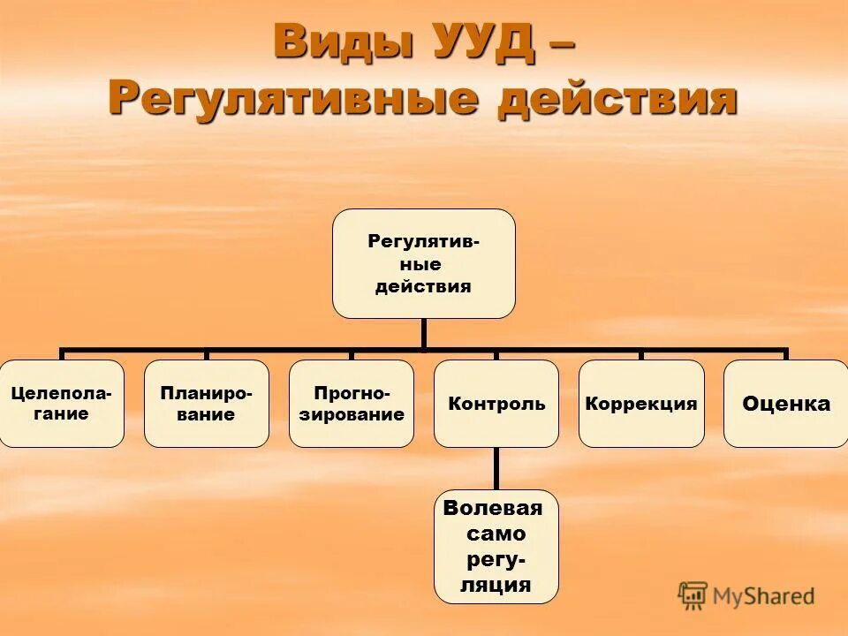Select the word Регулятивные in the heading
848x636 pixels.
click(x=292, y=96)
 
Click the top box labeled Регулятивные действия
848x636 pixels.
click(x=423, y=263)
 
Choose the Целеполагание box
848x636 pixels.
click(x=62, y=404)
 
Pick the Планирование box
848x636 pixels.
click(x=206, y=404)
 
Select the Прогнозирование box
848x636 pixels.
click(x=351, y=404)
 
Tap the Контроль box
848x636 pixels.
click(x=496, y=404)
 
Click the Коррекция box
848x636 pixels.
click(x=640, y=404)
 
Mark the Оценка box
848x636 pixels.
click(x=785, y=404)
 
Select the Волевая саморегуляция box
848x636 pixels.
click(x=496, y=546)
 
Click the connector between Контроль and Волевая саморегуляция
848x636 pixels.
click(x=496, y=468)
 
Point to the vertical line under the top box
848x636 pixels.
click(x=424, y=333)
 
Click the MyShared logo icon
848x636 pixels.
click(x=693, y=595)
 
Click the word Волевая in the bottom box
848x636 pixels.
click(x=493, y=508)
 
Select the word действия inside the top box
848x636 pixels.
click(x=423, y=286)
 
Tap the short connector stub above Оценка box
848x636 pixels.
click(x=785, y=354)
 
